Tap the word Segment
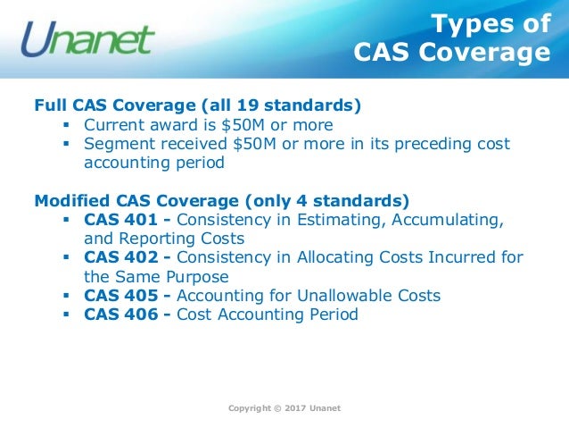click(118, 144)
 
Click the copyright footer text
click(284, 408)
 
